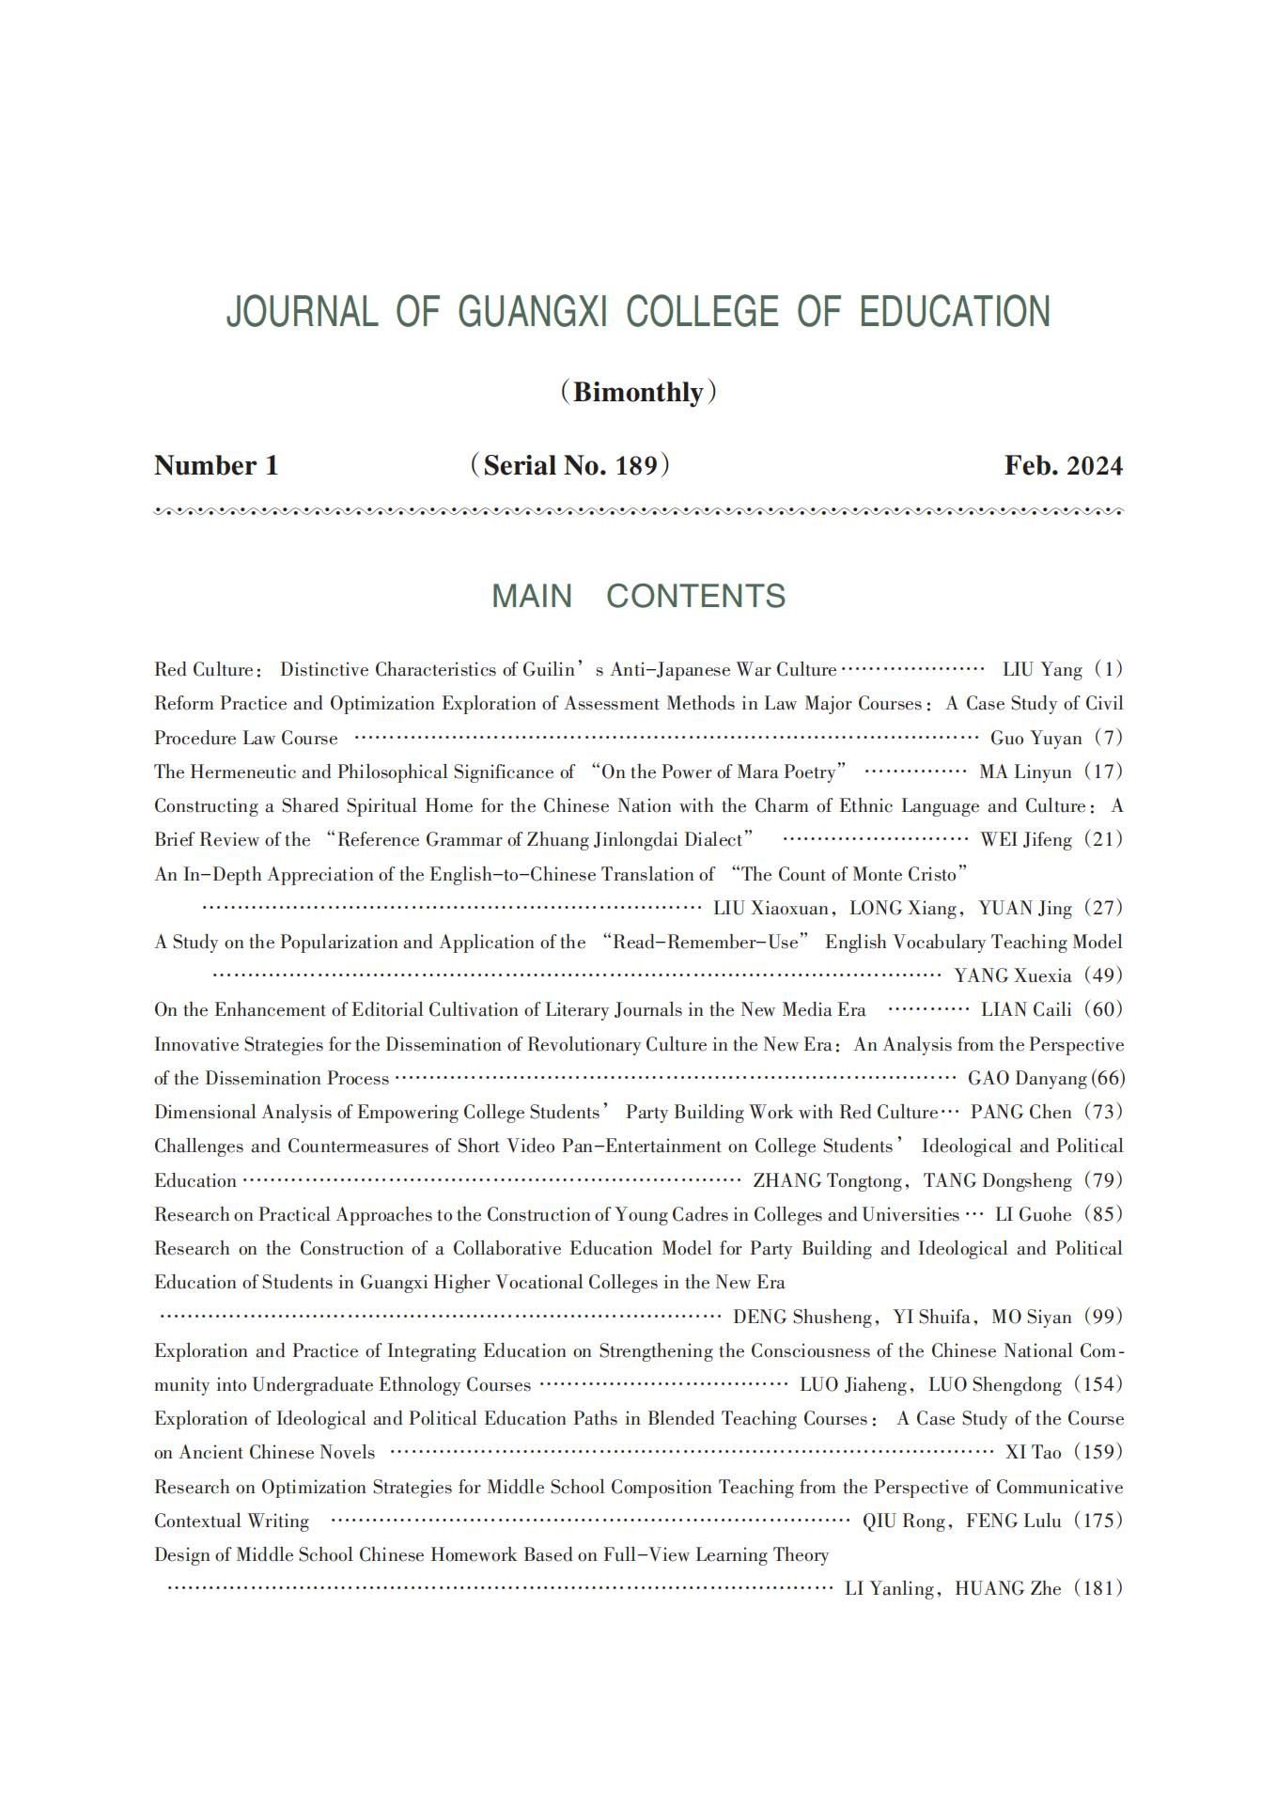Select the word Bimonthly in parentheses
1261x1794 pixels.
(x=638, y=392)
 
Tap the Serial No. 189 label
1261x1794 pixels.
(x=570, y=465)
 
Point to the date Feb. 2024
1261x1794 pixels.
(x=1063, y=466)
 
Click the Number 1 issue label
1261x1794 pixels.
(x=216, y=466)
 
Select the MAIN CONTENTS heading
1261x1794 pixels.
(x=638, y=596)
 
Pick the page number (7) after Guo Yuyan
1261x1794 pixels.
(x=1109, y=738)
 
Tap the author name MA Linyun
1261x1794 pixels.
(x=1025, y=772)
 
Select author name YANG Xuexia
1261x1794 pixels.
(x=1012, y=975)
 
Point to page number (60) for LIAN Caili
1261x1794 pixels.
(x=1104, y=1009)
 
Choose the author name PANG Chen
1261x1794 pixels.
(x=1020, y=1112)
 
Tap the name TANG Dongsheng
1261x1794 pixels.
(x=997, y=1180)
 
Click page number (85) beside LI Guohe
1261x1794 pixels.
(x=1104, y=1214)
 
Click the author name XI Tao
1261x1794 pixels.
(x=1033, y=1452)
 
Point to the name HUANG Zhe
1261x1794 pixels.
(x=1008, y=1588)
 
